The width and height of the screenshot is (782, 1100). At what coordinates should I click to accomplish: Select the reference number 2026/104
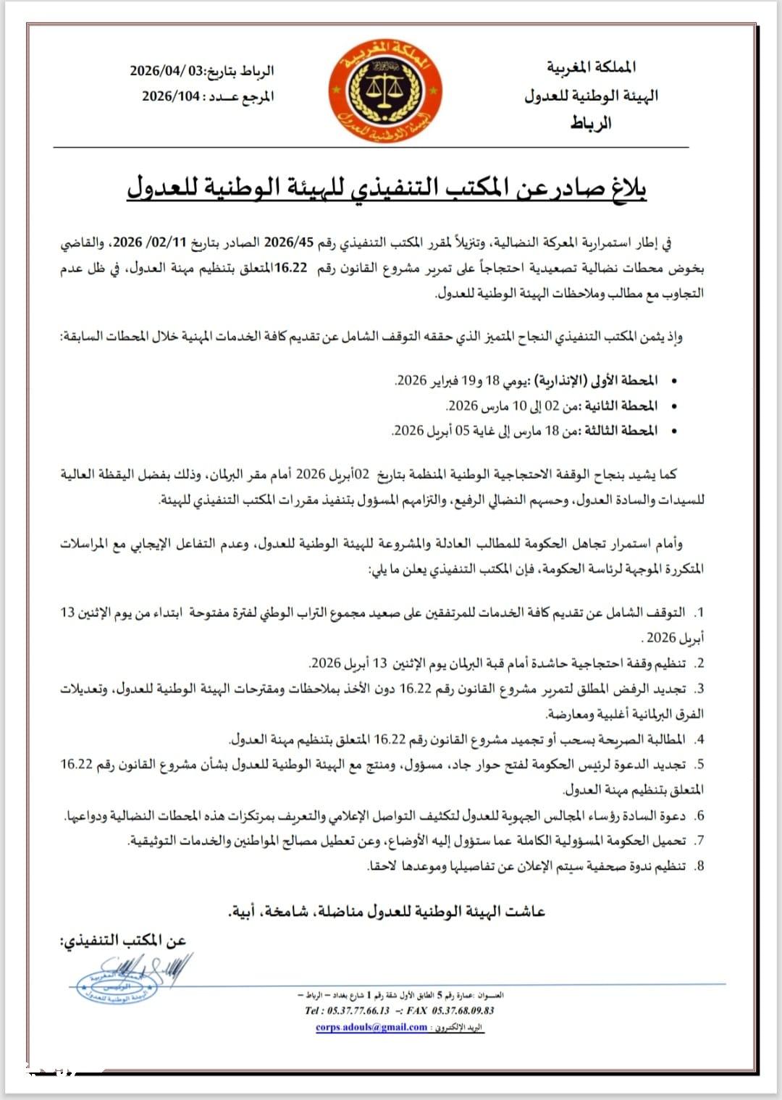171,96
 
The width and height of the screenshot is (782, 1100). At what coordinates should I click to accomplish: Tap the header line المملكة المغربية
592,67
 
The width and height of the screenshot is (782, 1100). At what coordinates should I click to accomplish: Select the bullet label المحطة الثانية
621,406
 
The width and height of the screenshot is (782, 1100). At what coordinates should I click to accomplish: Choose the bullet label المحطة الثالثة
621,431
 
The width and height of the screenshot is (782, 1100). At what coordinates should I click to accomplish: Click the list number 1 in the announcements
699,613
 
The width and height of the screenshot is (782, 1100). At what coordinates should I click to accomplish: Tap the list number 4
699,739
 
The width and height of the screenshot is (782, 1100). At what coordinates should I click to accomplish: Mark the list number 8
699,866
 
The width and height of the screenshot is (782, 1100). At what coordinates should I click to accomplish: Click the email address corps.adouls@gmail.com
371,1027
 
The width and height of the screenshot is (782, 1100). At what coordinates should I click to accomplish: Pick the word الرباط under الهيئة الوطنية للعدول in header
591,122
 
